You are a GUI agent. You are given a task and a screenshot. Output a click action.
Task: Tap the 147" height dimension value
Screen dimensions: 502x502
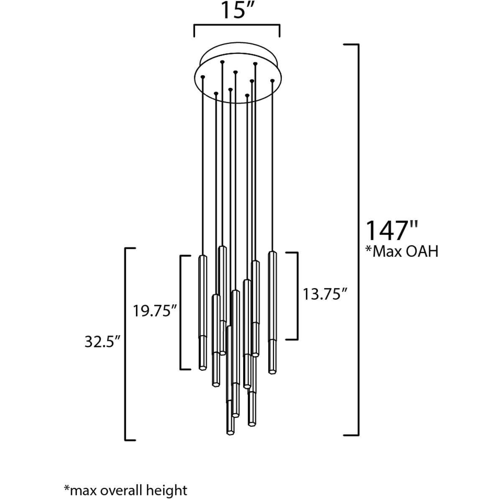click(x=392, y=231)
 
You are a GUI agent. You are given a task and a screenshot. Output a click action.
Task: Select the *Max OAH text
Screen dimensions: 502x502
click(x=402, y=251)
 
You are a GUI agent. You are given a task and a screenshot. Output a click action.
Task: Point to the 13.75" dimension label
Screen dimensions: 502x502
click(x=325, y=295)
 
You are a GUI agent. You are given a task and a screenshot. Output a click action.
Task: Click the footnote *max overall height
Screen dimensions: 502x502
click(x=125, y=489)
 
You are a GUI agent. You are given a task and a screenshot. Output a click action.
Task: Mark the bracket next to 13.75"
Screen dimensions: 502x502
click(x=297, y=295)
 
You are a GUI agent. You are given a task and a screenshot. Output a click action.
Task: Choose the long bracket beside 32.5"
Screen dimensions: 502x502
click(x=126, y=343)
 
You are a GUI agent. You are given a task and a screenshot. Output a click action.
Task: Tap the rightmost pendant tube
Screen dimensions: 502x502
click(x=273, y=312)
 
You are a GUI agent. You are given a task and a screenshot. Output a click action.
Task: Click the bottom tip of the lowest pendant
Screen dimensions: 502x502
click(x=229, y=433)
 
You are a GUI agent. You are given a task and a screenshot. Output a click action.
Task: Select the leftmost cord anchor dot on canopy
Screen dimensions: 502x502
click(x=203, y=77)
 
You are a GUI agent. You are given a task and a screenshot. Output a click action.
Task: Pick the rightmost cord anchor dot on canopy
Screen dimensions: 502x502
click(x=273, y=80)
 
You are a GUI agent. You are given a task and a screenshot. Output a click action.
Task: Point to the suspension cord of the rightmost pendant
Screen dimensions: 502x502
click(x=273, y=167)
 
